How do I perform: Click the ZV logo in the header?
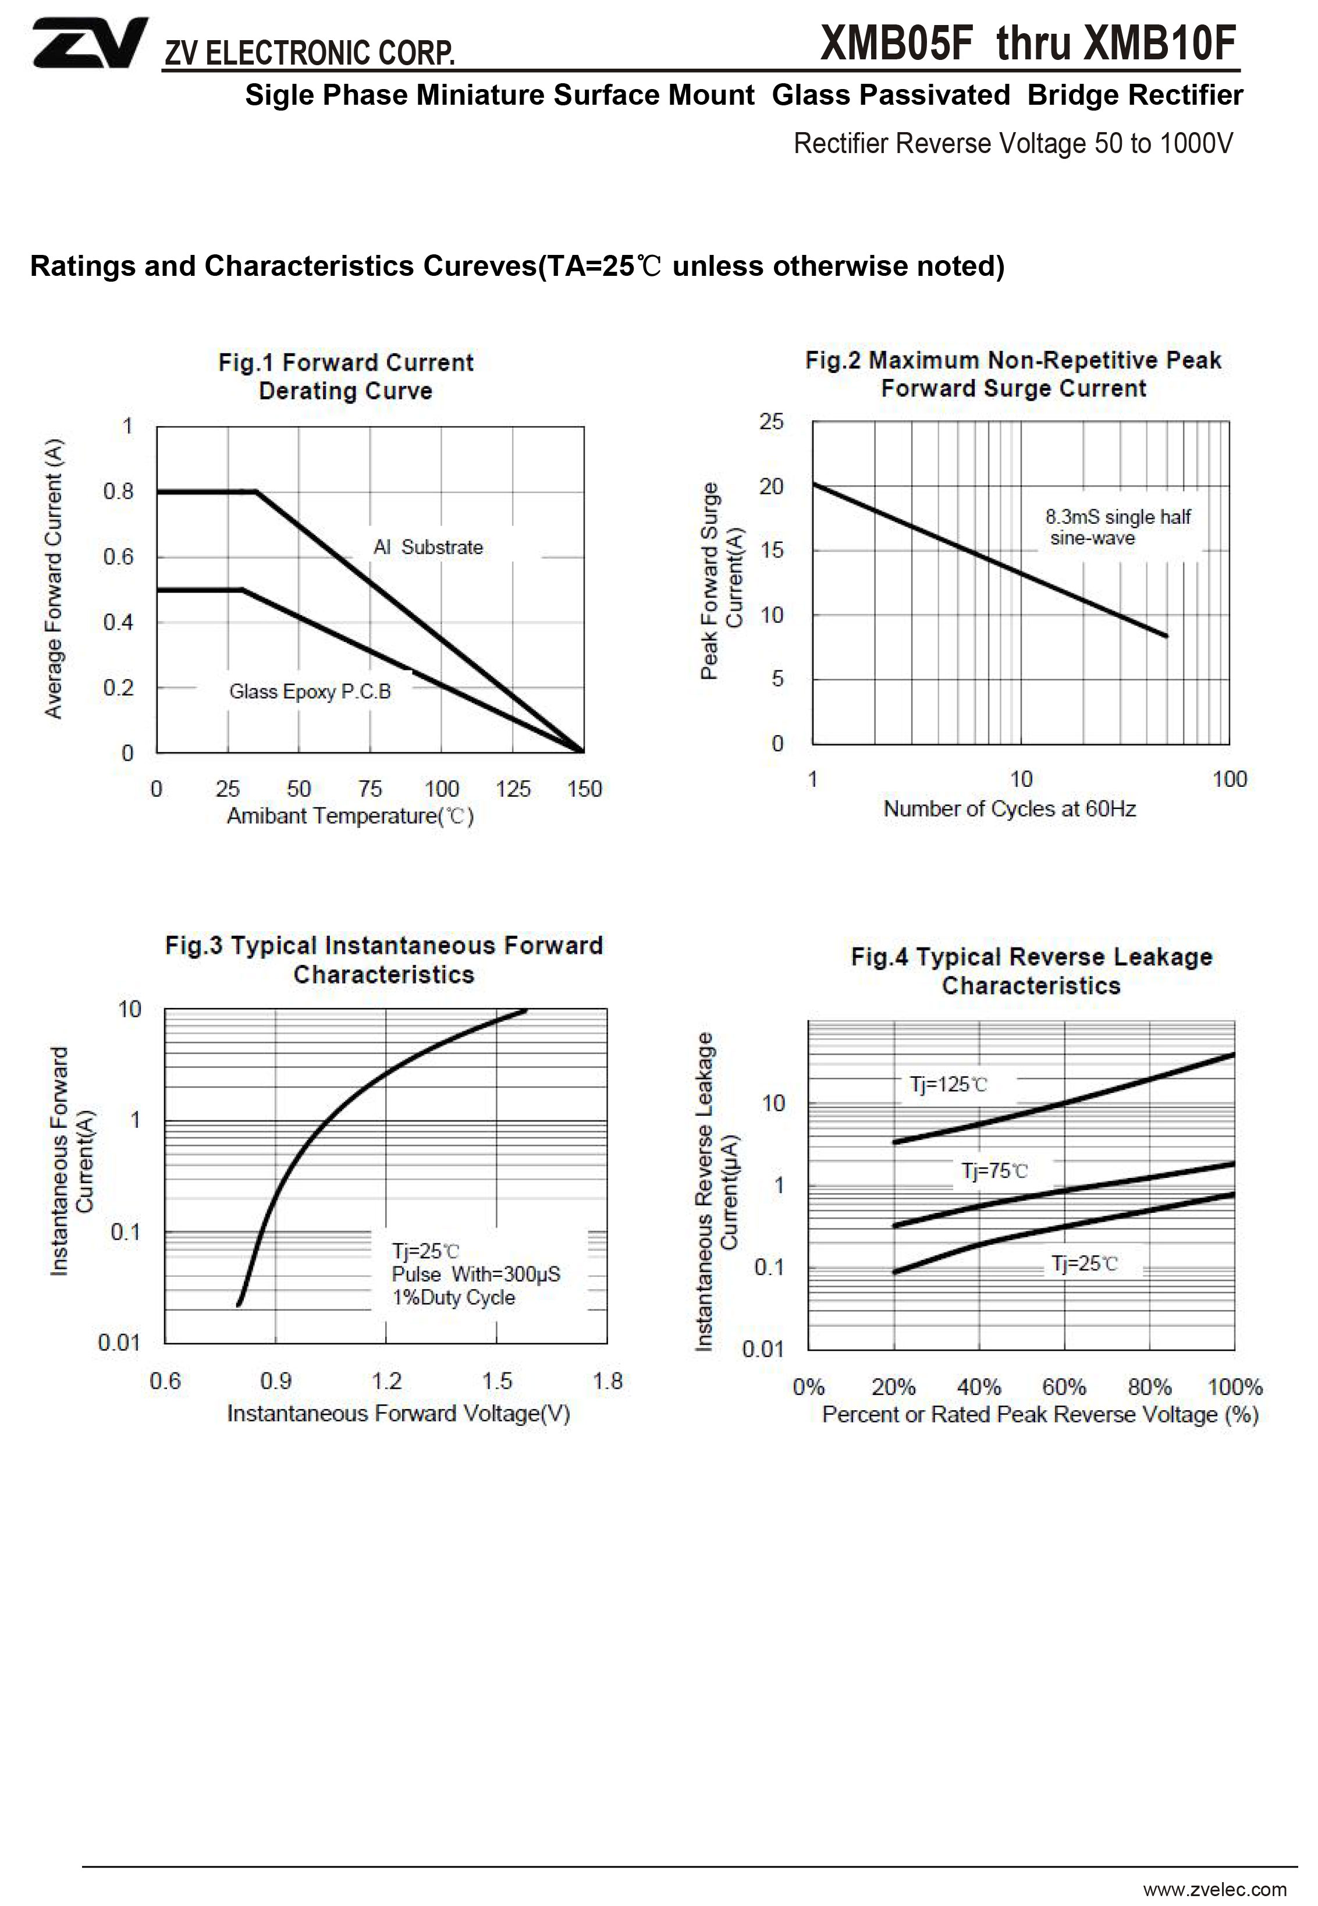(89, 43)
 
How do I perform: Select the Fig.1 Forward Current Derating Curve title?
(345, 377)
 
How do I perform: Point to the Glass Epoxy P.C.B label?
(310, 691)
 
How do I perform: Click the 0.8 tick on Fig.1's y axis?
(118, 492)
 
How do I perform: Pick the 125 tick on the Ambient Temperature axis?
(512, 790)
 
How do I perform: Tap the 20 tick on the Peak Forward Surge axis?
(772, 487)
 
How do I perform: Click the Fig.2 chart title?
(1013, 374)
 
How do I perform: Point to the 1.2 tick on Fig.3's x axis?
(386, 1381)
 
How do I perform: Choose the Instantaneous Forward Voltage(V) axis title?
(398, 1414)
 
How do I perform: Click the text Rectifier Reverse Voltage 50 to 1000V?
(1013, 144)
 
